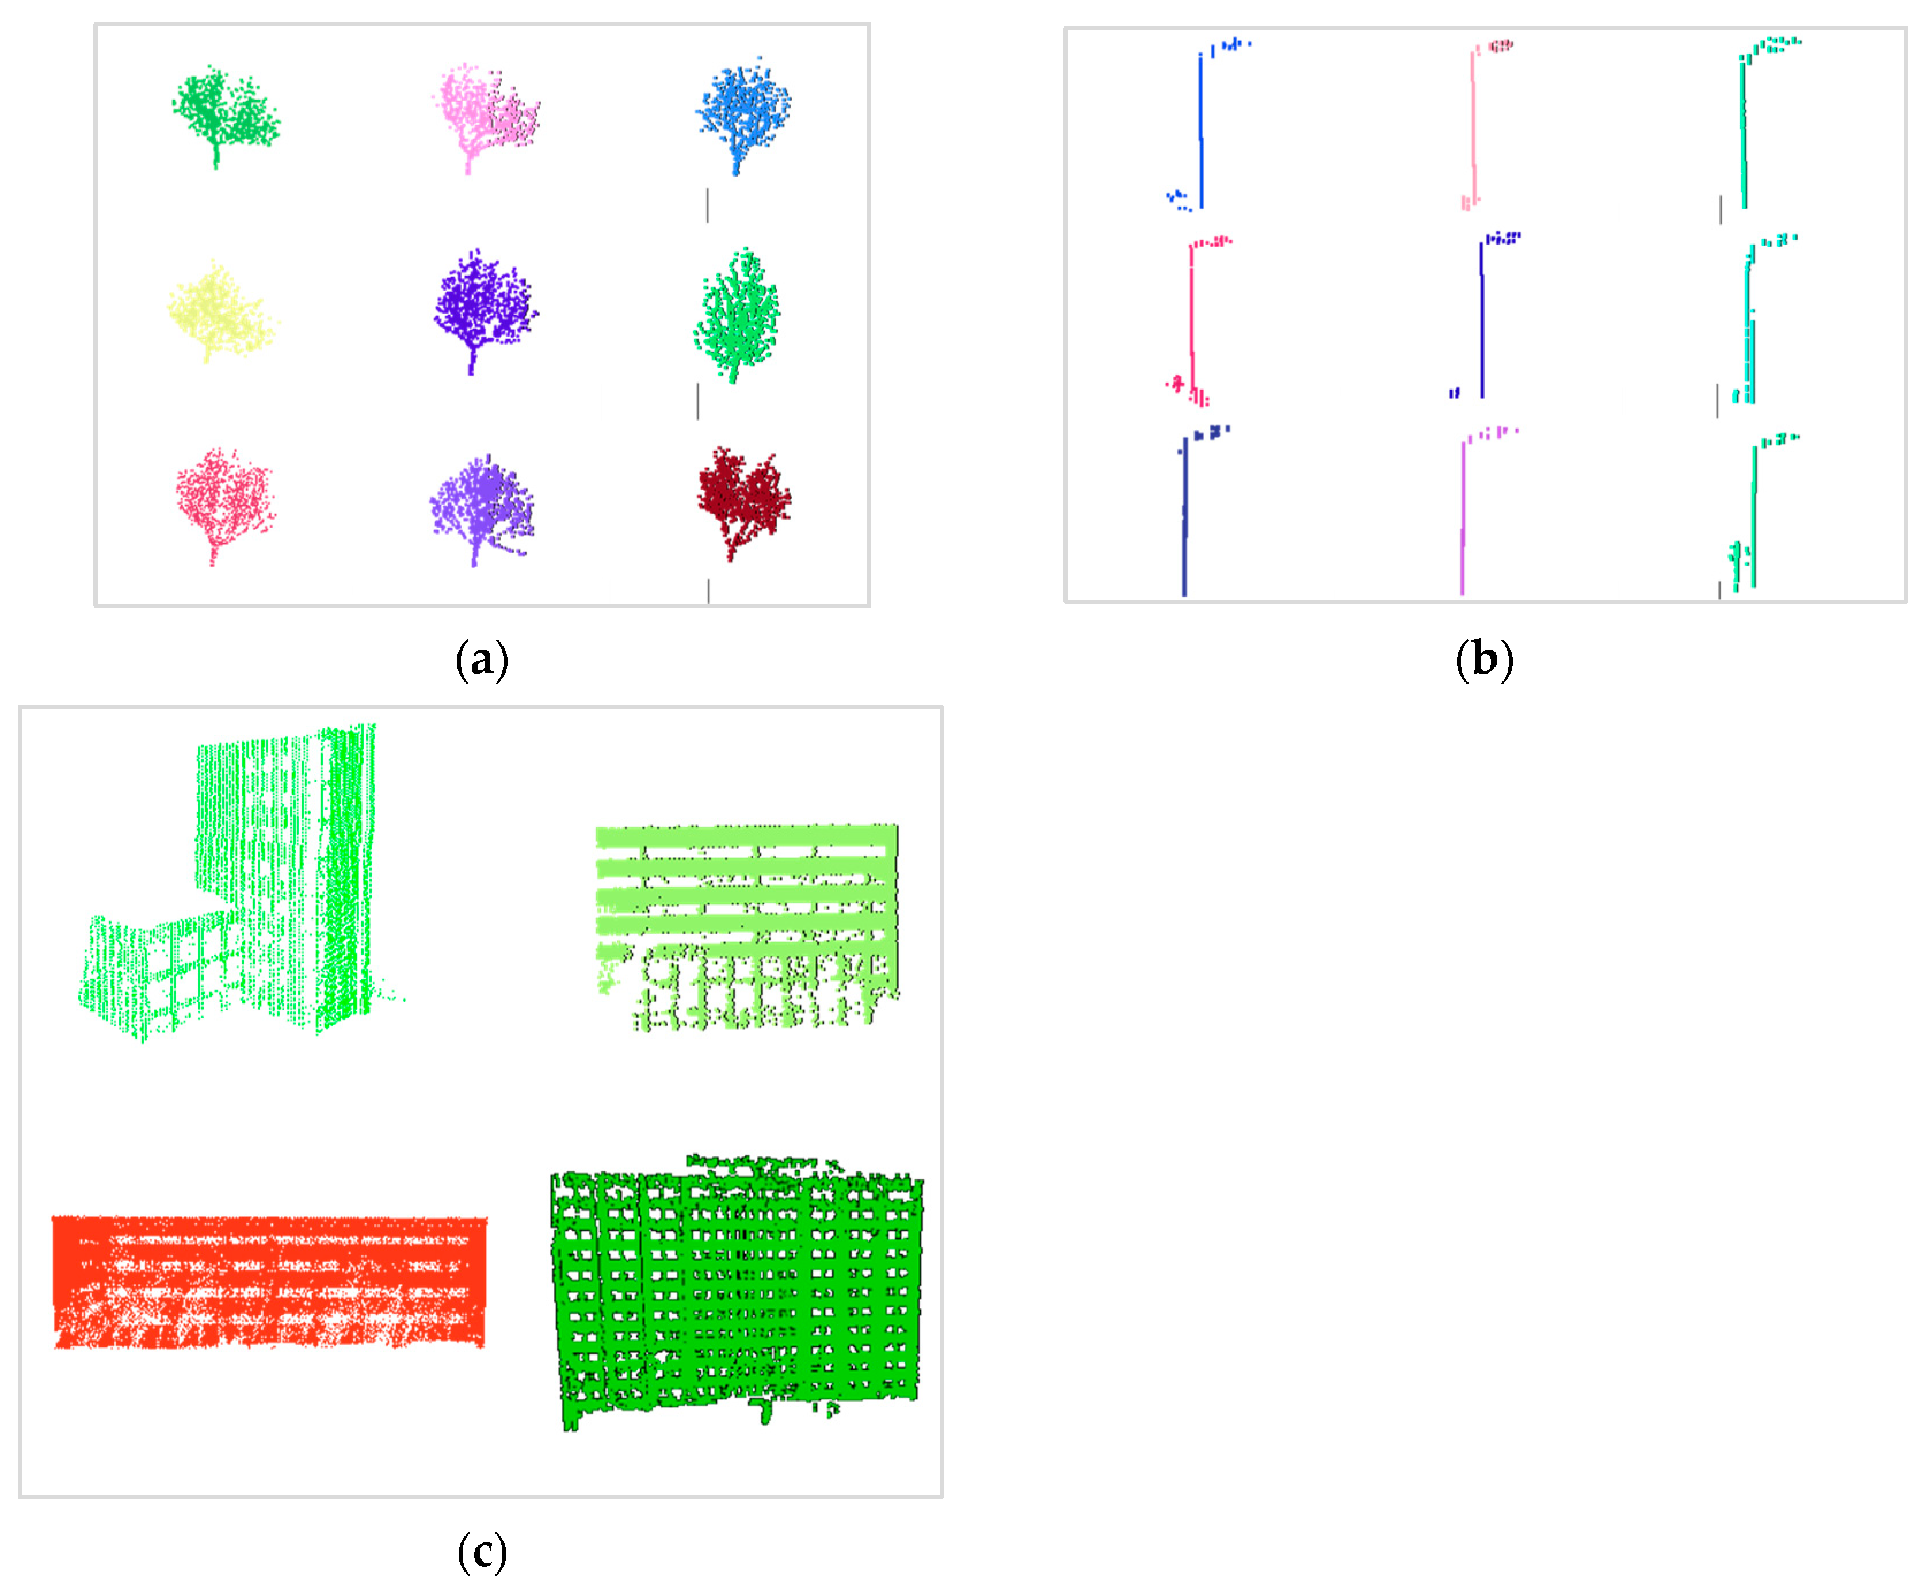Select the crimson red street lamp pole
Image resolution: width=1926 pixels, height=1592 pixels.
pyautogui.click(x=1191, y=321)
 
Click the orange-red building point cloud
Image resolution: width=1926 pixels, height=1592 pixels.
pyautogui.click(x=269, y=1281)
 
